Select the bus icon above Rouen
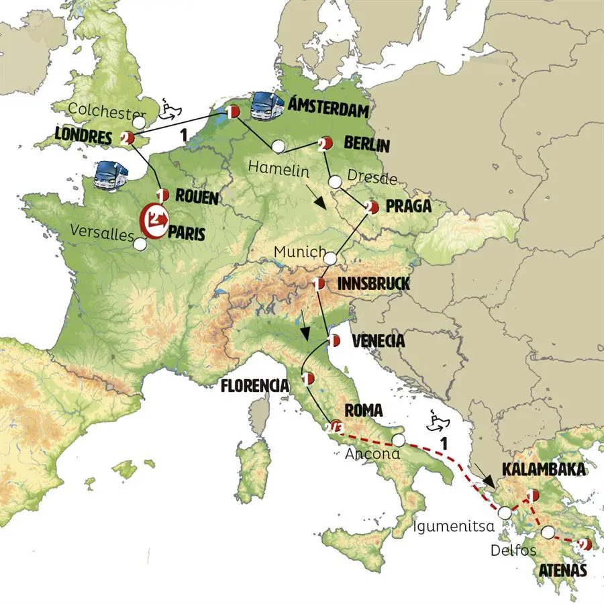(110, 177)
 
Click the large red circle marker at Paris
(154, 219)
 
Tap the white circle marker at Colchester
(139, 123)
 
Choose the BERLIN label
(366, 144)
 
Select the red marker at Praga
(371, 207)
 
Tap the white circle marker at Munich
(331, 256)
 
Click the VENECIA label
(378, 342)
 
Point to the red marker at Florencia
(308, 379)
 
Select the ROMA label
(363, 410)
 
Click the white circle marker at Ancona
(399, 440)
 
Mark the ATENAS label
(563, 571)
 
